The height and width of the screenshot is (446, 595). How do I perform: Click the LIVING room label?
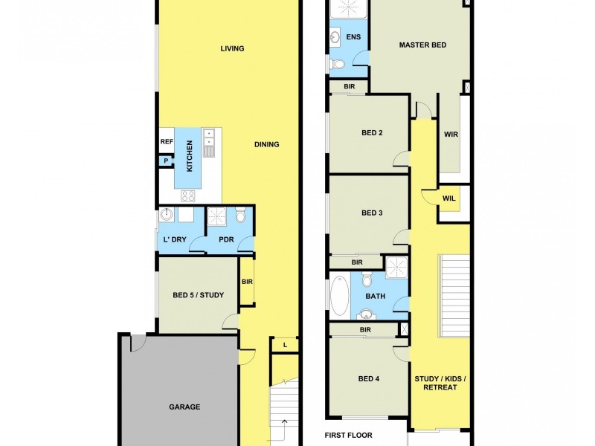(x=232, y=49)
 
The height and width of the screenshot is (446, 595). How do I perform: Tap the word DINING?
(x=266, y=144)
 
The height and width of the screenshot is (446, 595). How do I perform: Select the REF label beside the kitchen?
(x=166, y=142)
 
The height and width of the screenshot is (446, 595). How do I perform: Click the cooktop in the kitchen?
(x=188, y=196)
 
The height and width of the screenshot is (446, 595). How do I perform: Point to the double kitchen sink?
(x=210, y=138)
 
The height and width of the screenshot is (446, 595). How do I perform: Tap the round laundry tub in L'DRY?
(x=167, y=216)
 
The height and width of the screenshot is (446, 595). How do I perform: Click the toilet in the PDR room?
(x=240, y=216)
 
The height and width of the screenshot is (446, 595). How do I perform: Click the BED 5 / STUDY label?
(x=198, y=295)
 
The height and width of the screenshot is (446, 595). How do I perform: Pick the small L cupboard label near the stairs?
(x=284, y=345)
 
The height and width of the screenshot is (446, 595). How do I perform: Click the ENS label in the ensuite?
(x=353, y=36)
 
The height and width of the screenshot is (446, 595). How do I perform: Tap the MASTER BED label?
(x=422, y=45)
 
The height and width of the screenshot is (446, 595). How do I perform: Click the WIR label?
(x=450, y=135)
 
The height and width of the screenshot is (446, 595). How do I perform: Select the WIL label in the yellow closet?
(x=448, y=198)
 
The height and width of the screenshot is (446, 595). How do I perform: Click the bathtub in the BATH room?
(x=340, y=296)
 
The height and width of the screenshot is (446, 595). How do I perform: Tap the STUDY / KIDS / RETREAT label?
(x=440, y=383)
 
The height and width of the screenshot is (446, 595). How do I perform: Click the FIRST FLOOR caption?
(x=348, y=436)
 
